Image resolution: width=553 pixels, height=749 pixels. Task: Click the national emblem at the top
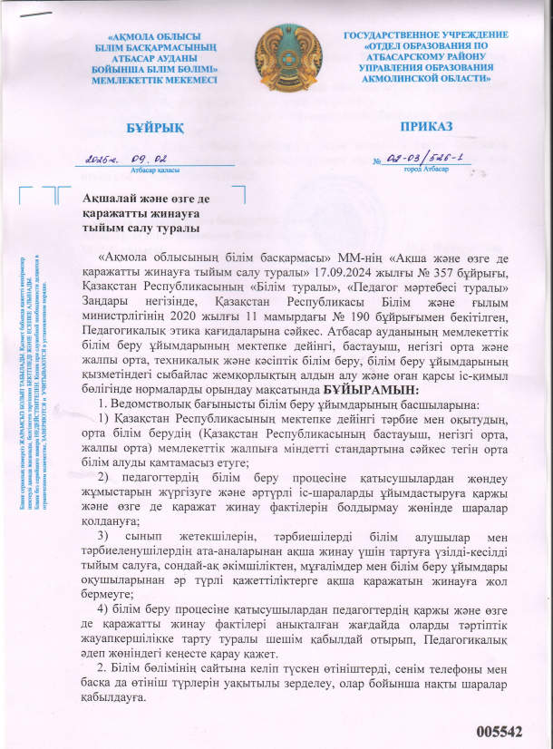pyautogui.click(x=276, y=56)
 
